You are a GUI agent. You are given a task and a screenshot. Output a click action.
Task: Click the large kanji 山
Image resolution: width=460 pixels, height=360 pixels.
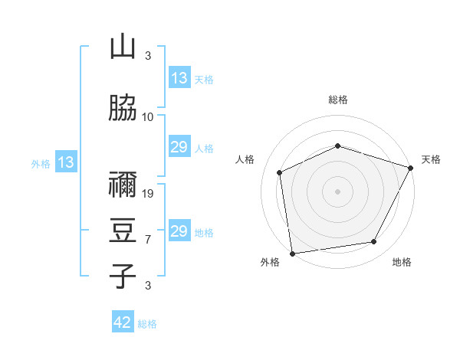[123, 46]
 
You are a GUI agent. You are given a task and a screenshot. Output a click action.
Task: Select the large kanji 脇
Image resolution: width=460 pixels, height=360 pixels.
[123, 107]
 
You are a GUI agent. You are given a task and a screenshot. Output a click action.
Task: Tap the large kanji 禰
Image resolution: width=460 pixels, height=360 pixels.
[123, 184]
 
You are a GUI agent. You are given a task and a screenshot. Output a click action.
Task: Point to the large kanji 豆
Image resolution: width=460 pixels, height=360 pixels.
[123, 230]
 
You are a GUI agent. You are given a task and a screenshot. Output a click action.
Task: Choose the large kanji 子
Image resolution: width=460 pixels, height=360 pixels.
[123, 276]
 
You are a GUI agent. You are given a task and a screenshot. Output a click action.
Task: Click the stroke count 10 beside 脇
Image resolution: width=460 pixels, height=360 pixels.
[147, 117]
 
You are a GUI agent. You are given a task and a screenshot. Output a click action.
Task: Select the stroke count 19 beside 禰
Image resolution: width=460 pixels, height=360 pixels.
[147, 194]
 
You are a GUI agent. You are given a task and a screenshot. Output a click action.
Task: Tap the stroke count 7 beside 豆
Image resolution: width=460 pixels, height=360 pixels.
[148, 240]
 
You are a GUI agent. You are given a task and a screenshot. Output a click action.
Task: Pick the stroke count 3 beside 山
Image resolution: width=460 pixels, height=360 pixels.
[148, 55]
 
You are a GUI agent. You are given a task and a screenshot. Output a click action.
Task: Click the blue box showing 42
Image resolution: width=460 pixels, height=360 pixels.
[123, 321]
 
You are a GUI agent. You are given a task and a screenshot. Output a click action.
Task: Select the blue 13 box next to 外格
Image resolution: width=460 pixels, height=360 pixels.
[66, 162]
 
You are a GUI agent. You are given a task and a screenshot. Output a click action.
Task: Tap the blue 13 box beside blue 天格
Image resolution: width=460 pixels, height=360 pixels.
[179, 77]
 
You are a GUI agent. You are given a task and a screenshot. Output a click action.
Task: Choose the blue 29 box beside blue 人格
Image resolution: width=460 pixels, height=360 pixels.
[179, 146]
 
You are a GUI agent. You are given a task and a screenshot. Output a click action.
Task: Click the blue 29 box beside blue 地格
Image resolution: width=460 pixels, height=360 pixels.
[179, 230]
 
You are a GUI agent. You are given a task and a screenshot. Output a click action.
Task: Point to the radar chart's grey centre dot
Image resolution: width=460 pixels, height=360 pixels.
[337, 191]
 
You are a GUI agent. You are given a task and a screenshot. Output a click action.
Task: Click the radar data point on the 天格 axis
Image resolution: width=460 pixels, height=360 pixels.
[410, 168]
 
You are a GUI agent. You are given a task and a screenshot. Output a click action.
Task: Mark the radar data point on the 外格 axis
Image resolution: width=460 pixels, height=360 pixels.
[293, 254]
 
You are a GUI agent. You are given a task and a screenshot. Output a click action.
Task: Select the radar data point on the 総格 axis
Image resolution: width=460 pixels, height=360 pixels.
[337, 146]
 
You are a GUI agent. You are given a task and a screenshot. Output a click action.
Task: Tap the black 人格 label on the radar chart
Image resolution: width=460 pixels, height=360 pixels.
[245, 159]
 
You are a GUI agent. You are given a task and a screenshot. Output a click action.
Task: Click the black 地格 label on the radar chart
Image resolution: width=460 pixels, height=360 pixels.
[402, 262]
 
